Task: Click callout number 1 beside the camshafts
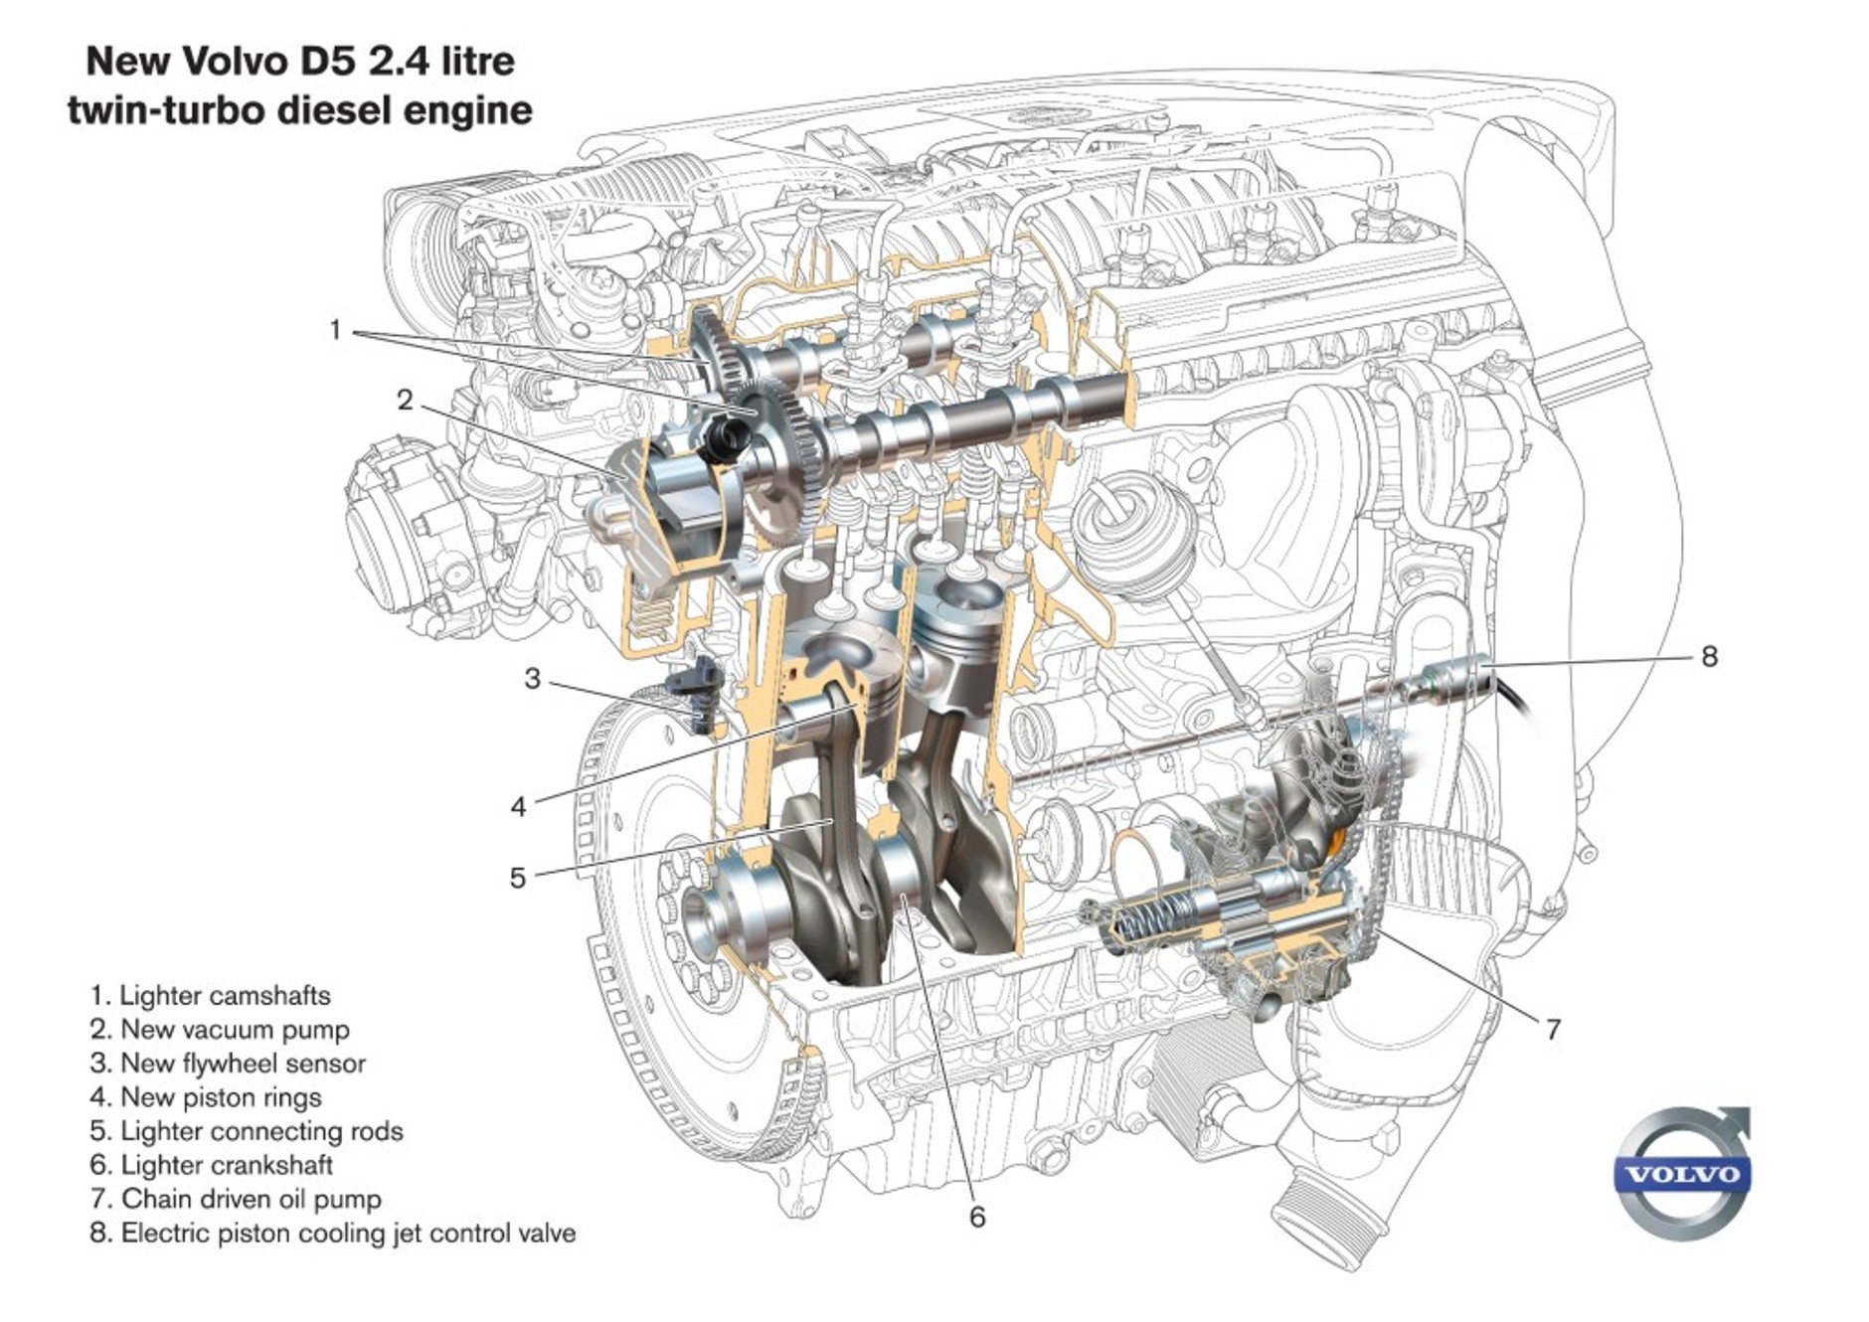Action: tap(335, 329)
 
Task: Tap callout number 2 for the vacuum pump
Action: tap(405, 400)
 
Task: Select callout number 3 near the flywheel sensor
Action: tap(532, 679)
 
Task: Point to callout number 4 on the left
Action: tap(518, 806)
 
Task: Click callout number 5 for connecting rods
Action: tap(517, 878)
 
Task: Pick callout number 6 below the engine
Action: tap(976, 1217)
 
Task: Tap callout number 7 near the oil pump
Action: tap(1553, 1029)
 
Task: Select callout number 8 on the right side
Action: tap(1709, 656)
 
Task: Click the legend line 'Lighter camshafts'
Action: tap(210, 995)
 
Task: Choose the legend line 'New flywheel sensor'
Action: tap(228, 1063)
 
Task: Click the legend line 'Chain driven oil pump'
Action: tap(236, 1199)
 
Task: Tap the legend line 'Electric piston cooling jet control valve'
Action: tap(332, 1233)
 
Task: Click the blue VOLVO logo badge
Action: tap(1684, 1175)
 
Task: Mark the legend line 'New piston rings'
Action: tap(206, 1096)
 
